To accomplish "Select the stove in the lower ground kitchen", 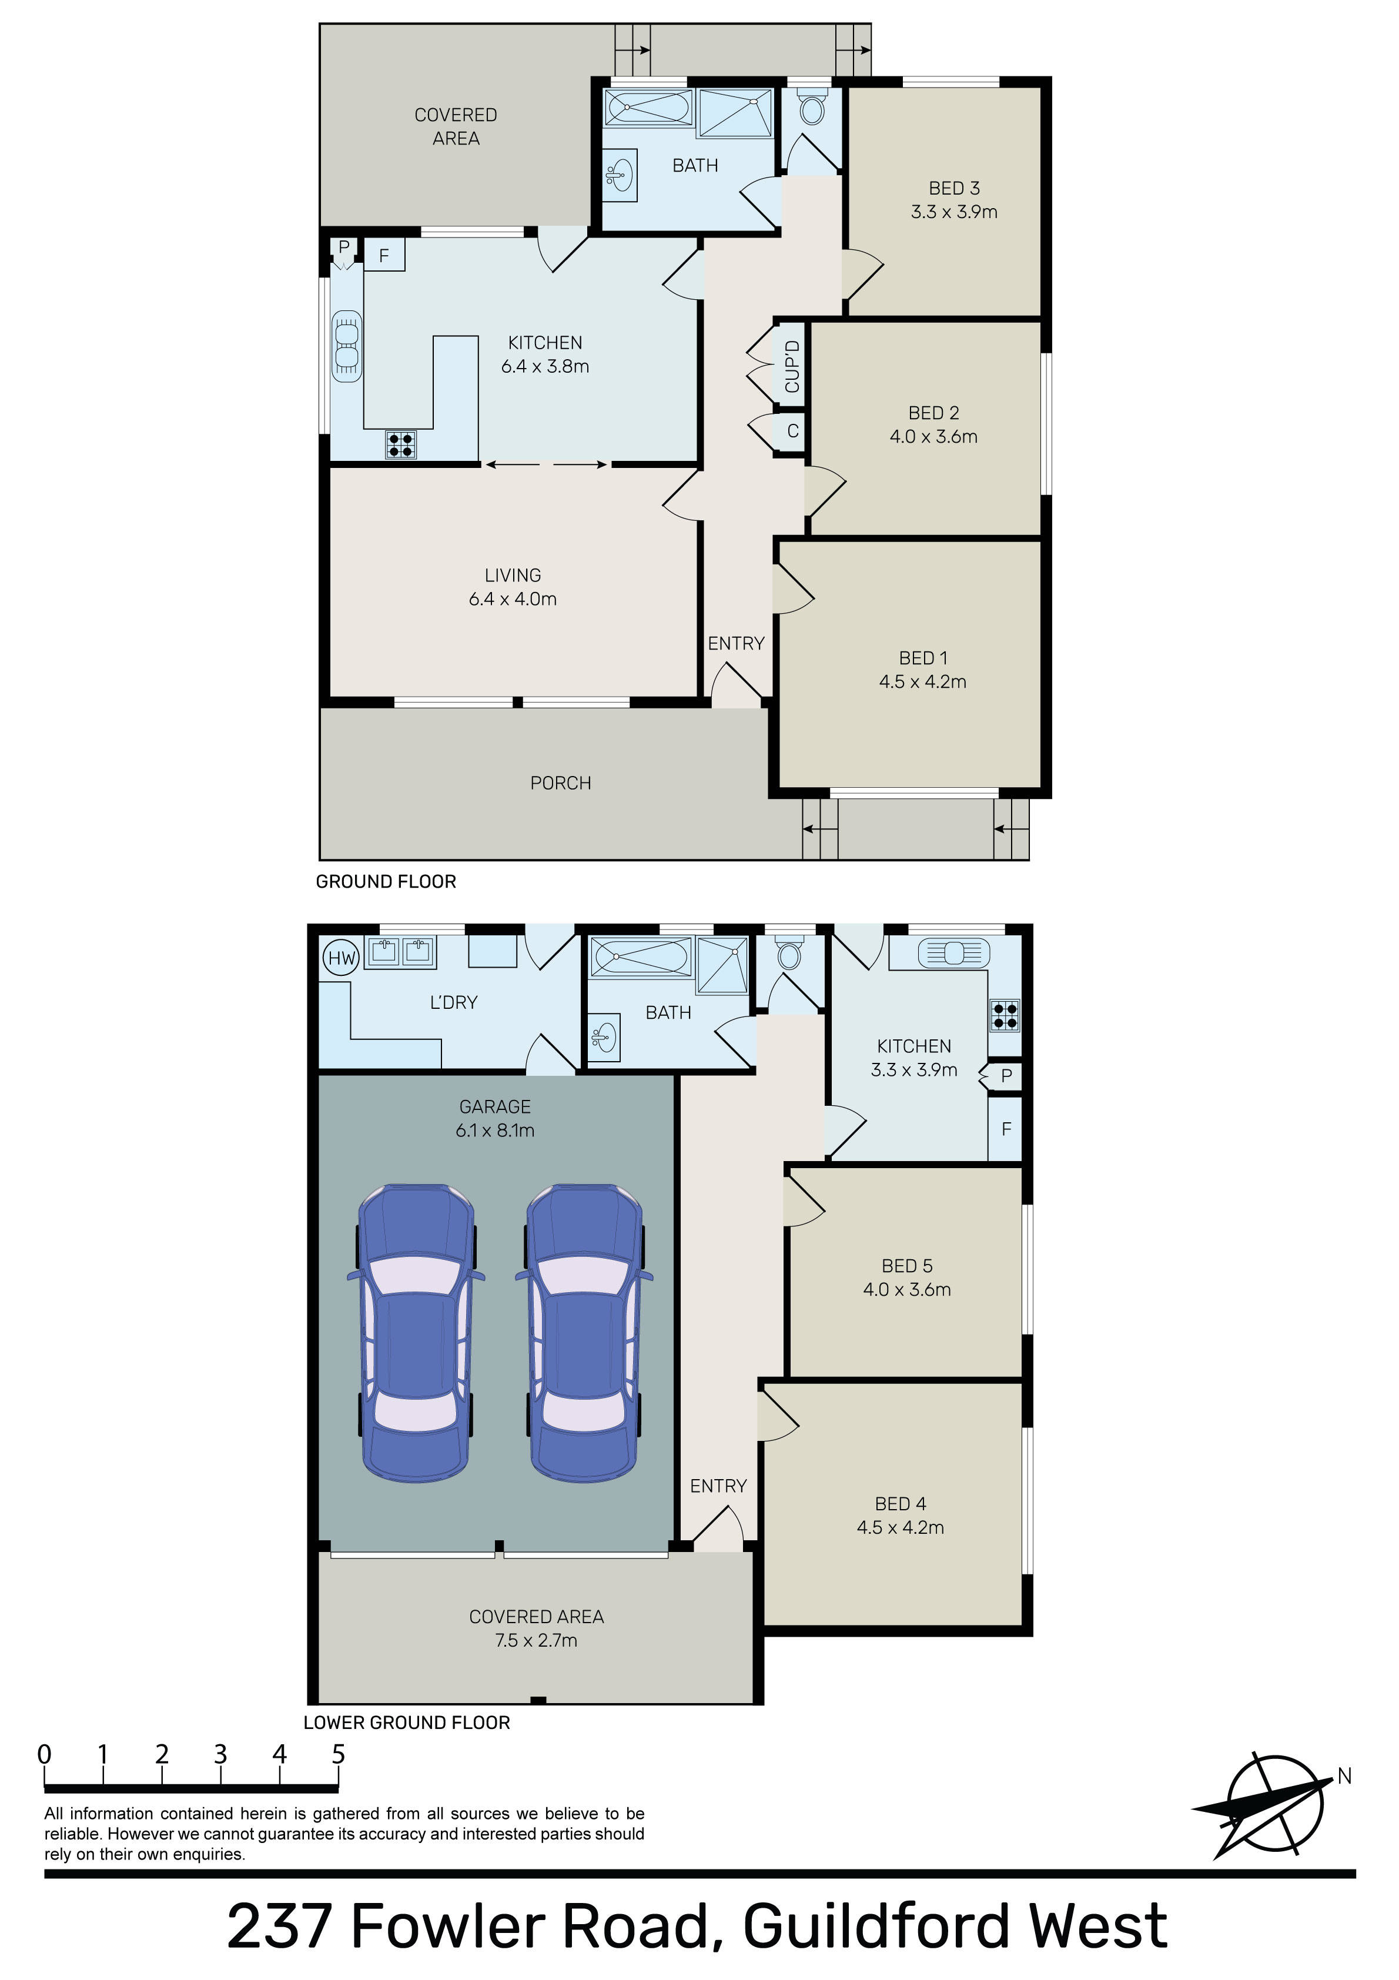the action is click(x=1005, y=1015).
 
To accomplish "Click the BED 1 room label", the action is click(x=923, y=658).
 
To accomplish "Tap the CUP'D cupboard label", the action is click(x=792, y=366).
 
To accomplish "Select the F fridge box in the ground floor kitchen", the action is click(x=384, y=255).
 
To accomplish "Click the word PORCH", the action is click(x=561, y=783).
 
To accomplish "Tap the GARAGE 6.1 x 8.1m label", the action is click(x=495, y=1119).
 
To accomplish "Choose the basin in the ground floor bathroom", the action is click(x=618, y=176).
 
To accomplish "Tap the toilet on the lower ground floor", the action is click(x=788, y=953).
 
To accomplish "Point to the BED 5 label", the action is click(x=908, y=1266).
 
